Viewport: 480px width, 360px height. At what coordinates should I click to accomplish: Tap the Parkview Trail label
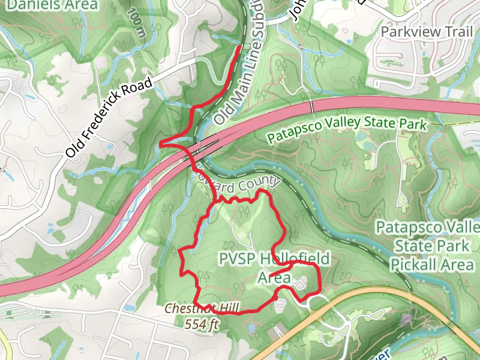(x=427, y=31)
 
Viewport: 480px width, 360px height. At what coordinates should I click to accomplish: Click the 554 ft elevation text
(x=201, y=324)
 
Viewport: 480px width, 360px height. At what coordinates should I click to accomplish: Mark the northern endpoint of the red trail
(x=240, y=47)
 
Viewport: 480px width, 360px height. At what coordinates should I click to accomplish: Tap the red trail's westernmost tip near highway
(x=161, y=144)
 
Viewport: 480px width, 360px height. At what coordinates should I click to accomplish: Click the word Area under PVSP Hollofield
(x=274, y=278)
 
